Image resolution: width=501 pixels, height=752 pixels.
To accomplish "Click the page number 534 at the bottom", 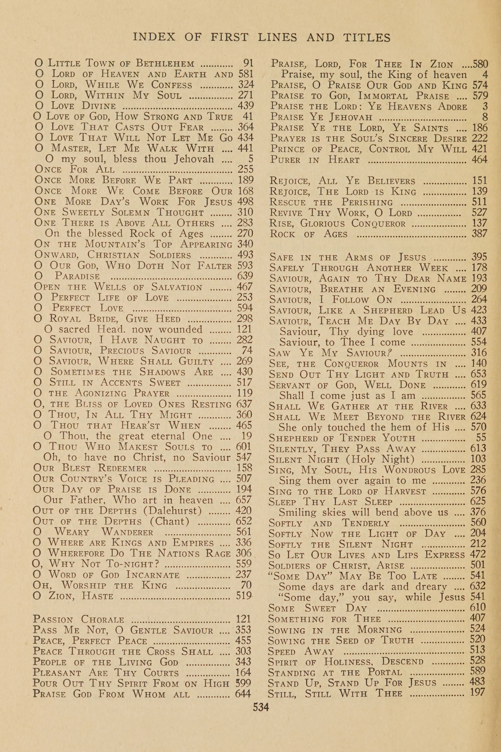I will pos(261,707).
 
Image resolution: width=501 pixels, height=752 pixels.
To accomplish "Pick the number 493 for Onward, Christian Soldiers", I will pos(245,255).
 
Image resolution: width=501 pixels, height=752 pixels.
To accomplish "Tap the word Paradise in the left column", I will pos(77,276).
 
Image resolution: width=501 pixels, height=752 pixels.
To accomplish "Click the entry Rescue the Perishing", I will pos(331,202).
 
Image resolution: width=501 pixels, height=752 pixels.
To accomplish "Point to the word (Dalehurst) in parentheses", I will pos(172,511).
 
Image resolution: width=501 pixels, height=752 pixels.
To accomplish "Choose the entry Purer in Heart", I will pos(315,160).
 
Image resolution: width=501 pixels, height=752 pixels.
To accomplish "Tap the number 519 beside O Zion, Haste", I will pos(244,596).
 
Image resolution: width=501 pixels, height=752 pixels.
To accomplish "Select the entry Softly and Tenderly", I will pos(329,523).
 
